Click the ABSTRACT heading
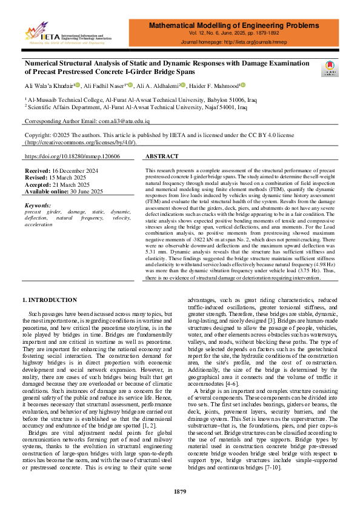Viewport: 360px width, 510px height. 162,156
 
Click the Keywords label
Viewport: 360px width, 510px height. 38,206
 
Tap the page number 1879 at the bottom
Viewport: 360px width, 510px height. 180,491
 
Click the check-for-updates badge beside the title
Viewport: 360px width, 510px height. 331,68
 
